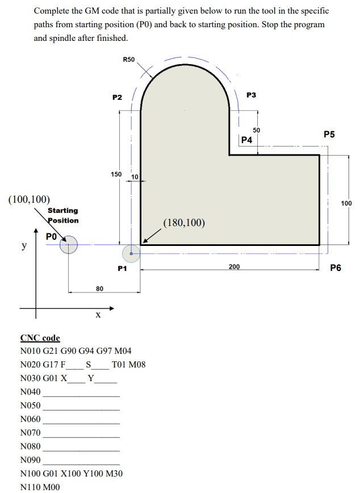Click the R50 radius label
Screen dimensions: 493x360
[128, 60]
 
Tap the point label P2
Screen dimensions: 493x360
[118, 97]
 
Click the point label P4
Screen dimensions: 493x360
[246, 140]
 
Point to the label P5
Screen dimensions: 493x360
[329, 135]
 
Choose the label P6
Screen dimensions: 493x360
[336, 268]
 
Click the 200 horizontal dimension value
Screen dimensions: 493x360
[234, 266]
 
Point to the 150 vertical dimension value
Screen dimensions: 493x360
[115, 174]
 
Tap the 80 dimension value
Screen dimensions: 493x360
[99, 289]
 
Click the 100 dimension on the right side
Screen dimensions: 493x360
[346, 203]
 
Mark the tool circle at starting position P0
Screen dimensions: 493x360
[69, 245]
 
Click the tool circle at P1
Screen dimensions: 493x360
[131, 254]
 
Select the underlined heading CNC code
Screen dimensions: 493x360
[40, 338]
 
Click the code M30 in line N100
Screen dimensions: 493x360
[114, 474]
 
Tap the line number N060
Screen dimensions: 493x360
[30, 419]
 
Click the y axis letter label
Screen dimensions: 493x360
[23, 246]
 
